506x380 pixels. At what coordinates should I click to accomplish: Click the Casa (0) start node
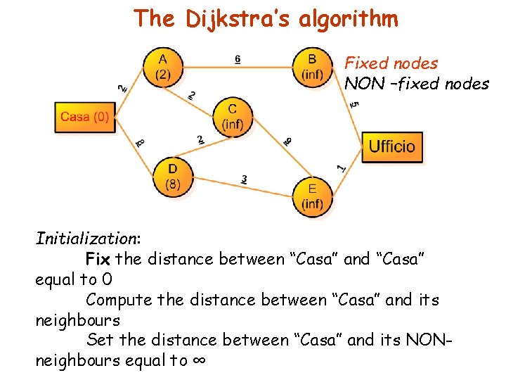tap(84, 117)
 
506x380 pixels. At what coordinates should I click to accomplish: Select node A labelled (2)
tap(162, 68)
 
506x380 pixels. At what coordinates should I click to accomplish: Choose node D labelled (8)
tap(172, 177)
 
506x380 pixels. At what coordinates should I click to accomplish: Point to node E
tap(312, 196)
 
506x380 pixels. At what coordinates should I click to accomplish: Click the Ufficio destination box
tap(392, 146)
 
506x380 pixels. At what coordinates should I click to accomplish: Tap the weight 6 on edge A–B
tap(238, 60)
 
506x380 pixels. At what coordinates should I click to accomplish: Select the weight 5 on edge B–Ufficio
tap(355, 104)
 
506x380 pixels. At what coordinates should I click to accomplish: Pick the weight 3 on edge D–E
tap(243, 180)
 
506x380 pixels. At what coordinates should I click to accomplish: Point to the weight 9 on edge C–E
tap(288, 142)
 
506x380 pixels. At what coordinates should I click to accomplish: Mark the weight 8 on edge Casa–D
tap(141, 143)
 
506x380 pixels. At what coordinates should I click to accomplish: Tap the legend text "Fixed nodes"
tap(391, 63)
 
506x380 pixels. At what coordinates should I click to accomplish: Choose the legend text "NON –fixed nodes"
tap(416, 84)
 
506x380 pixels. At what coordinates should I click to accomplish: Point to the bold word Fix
tap(98, 259)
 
